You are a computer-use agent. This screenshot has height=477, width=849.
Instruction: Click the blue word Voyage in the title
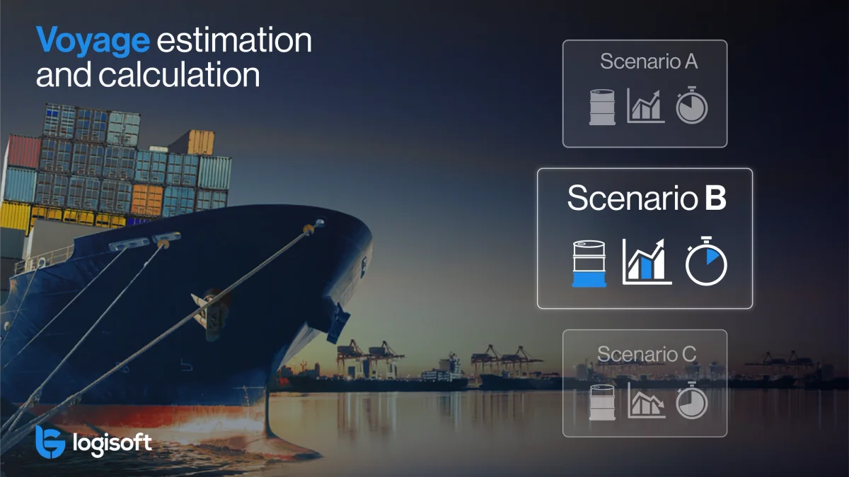click(93, 41)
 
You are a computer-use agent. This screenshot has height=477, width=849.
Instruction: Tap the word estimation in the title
click(234, 41)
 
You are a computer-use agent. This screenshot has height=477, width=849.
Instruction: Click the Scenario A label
click(649, 62)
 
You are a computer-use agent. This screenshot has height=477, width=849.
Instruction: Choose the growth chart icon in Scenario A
click(645, 106)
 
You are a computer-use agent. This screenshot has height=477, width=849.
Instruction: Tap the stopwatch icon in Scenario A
click(691, 106)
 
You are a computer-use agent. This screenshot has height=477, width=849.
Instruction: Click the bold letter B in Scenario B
click(715, 199)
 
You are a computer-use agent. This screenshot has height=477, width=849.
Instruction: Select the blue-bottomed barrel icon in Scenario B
click(589, 263)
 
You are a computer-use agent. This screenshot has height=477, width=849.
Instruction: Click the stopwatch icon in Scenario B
click(705, 263)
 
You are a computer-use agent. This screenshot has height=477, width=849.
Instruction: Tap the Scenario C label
click(647, 353)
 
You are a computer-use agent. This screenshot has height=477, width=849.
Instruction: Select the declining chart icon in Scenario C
click(646, 401)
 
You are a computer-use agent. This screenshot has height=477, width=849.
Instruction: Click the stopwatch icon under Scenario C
click(691, 401)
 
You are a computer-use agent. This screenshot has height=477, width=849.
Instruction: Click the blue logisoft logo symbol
click(50, 442)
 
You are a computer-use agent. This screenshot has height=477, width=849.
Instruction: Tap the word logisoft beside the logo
click(112, 444)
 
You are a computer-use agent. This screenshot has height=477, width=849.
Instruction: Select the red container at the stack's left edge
click(23, 152)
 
